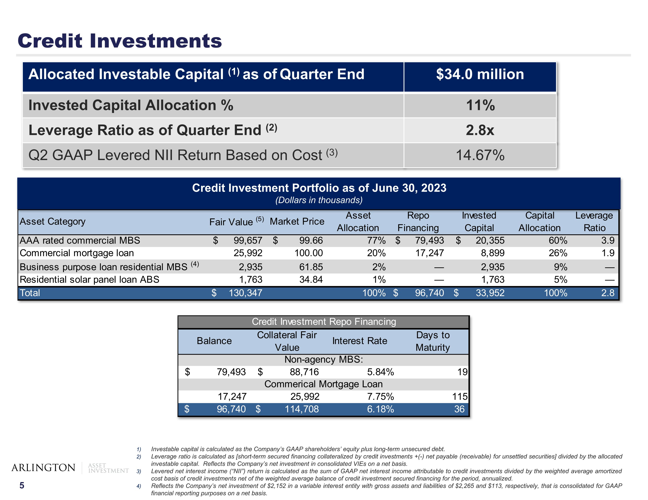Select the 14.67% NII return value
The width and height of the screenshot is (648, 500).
(x=480, y=155)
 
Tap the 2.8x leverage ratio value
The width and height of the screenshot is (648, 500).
(x=480, y=130)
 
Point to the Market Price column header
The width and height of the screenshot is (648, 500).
(x=297, y=221)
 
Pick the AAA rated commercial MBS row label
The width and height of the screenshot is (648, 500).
(x=80, y=240)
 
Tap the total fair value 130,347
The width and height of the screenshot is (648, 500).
(x=245, y=293)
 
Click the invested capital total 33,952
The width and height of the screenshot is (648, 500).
(x=490, y=293)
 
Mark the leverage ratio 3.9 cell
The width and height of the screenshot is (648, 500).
(x=608, y=240)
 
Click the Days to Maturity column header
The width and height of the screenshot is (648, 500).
(x=433, y=341)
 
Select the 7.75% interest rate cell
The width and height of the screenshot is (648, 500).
(x=380, y=397)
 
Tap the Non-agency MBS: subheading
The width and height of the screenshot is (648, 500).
(x=323, y=360)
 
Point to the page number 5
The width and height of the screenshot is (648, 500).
(x=22, y=486)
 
